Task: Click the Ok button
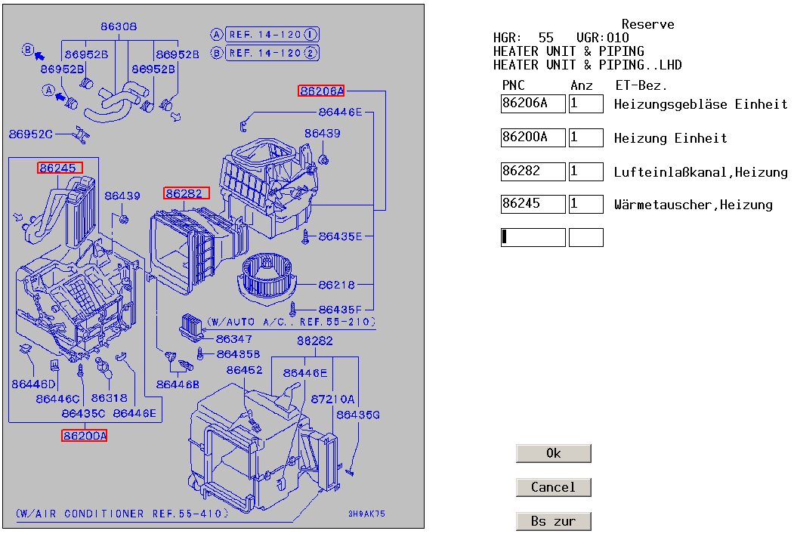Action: tap(553, 453)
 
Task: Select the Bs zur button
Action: tap(553, 521)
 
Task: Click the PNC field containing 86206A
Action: tap(533, 103)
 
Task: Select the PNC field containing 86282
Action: tap(533, 172)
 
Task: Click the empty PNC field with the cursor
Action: tap(533, 237)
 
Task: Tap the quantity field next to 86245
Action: tap(585, 204)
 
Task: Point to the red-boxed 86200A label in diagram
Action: tap(85, 436)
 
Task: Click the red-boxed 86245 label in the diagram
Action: tap(58, 168)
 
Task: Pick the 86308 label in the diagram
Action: tap(119, 26)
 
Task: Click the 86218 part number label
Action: tap(336, 285)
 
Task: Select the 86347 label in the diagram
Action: tap(233, 339)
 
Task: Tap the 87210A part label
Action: tap(332, 398)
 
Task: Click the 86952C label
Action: tap(31, 134)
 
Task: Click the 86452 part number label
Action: tap(244, 370)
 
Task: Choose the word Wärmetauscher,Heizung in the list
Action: tap(693, 204)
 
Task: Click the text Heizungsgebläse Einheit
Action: tap(700, 104)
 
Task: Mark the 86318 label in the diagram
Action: tap(109, 397)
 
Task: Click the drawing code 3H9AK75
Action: tap(366, 514)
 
